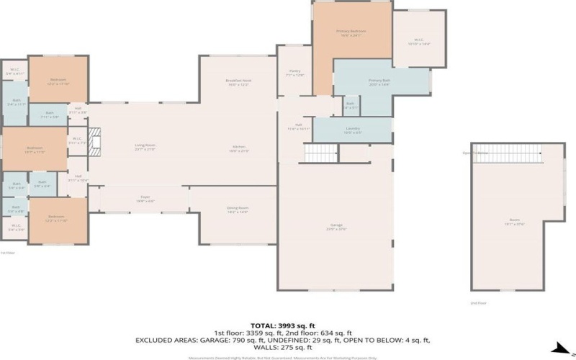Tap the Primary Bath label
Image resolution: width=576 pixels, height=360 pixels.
point(379,81)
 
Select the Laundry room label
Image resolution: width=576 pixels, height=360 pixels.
point(353,130)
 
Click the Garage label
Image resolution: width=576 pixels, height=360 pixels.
point(336,227)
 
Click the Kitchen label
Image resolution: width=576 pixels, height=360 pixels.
point(238,149)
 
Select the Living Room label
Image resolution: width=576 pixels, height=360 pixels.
point(145,147)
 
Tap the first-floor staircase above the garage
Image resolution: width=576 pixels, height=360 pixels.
point(320,153)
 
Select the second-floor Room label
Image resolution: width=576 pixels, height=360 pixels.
point(514,222)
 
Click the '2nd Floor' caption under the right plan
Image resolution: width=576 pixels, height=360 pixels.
point(478,303)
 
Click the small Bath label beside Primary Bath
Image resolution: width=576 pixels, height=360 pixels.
point(350,105)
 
